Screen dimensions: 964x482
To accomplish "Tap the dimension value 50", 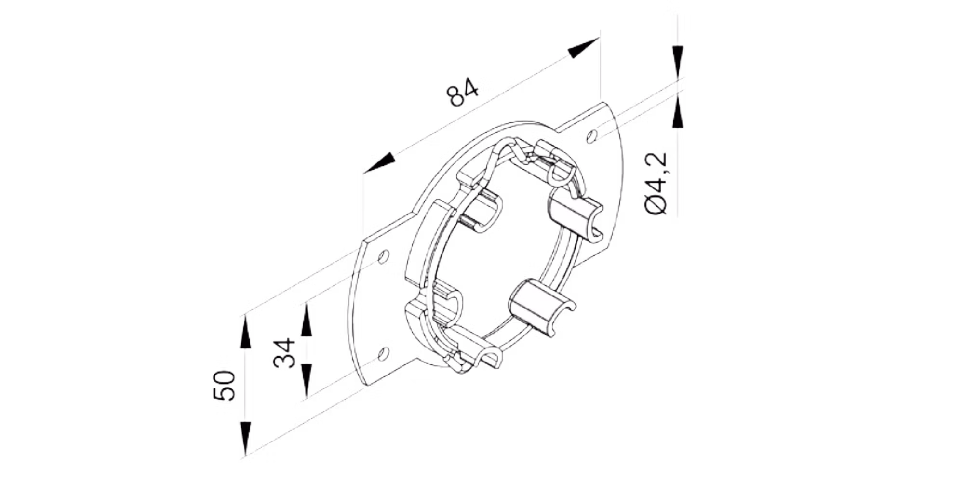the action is tap(224, 386).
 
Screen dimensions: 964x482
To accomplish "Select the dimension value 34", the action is tap(284, 353).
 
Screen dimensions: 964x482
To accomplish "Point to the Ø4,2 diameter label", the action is tap(656, 183).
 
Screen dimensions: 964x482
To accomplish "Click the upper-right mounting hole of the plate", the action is tap(592, 136).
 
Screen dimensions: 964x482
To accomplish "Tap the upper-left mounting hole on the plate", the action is tap(383, 256).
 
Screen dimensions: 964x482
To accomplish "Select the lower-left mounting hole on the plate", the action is tap(384, 354).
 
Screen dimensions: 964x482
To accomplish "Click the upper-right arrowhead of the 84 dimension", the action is tap(584, 47).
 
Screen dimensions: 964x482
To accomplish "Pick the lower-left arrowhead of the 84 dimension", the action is tap(380, 162).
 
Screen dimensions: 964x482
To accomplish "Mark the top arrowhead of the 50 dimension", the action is tap(245, 332).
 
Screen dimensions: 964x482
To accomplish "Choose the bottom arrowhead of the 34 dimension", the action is tap(306, 381).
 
